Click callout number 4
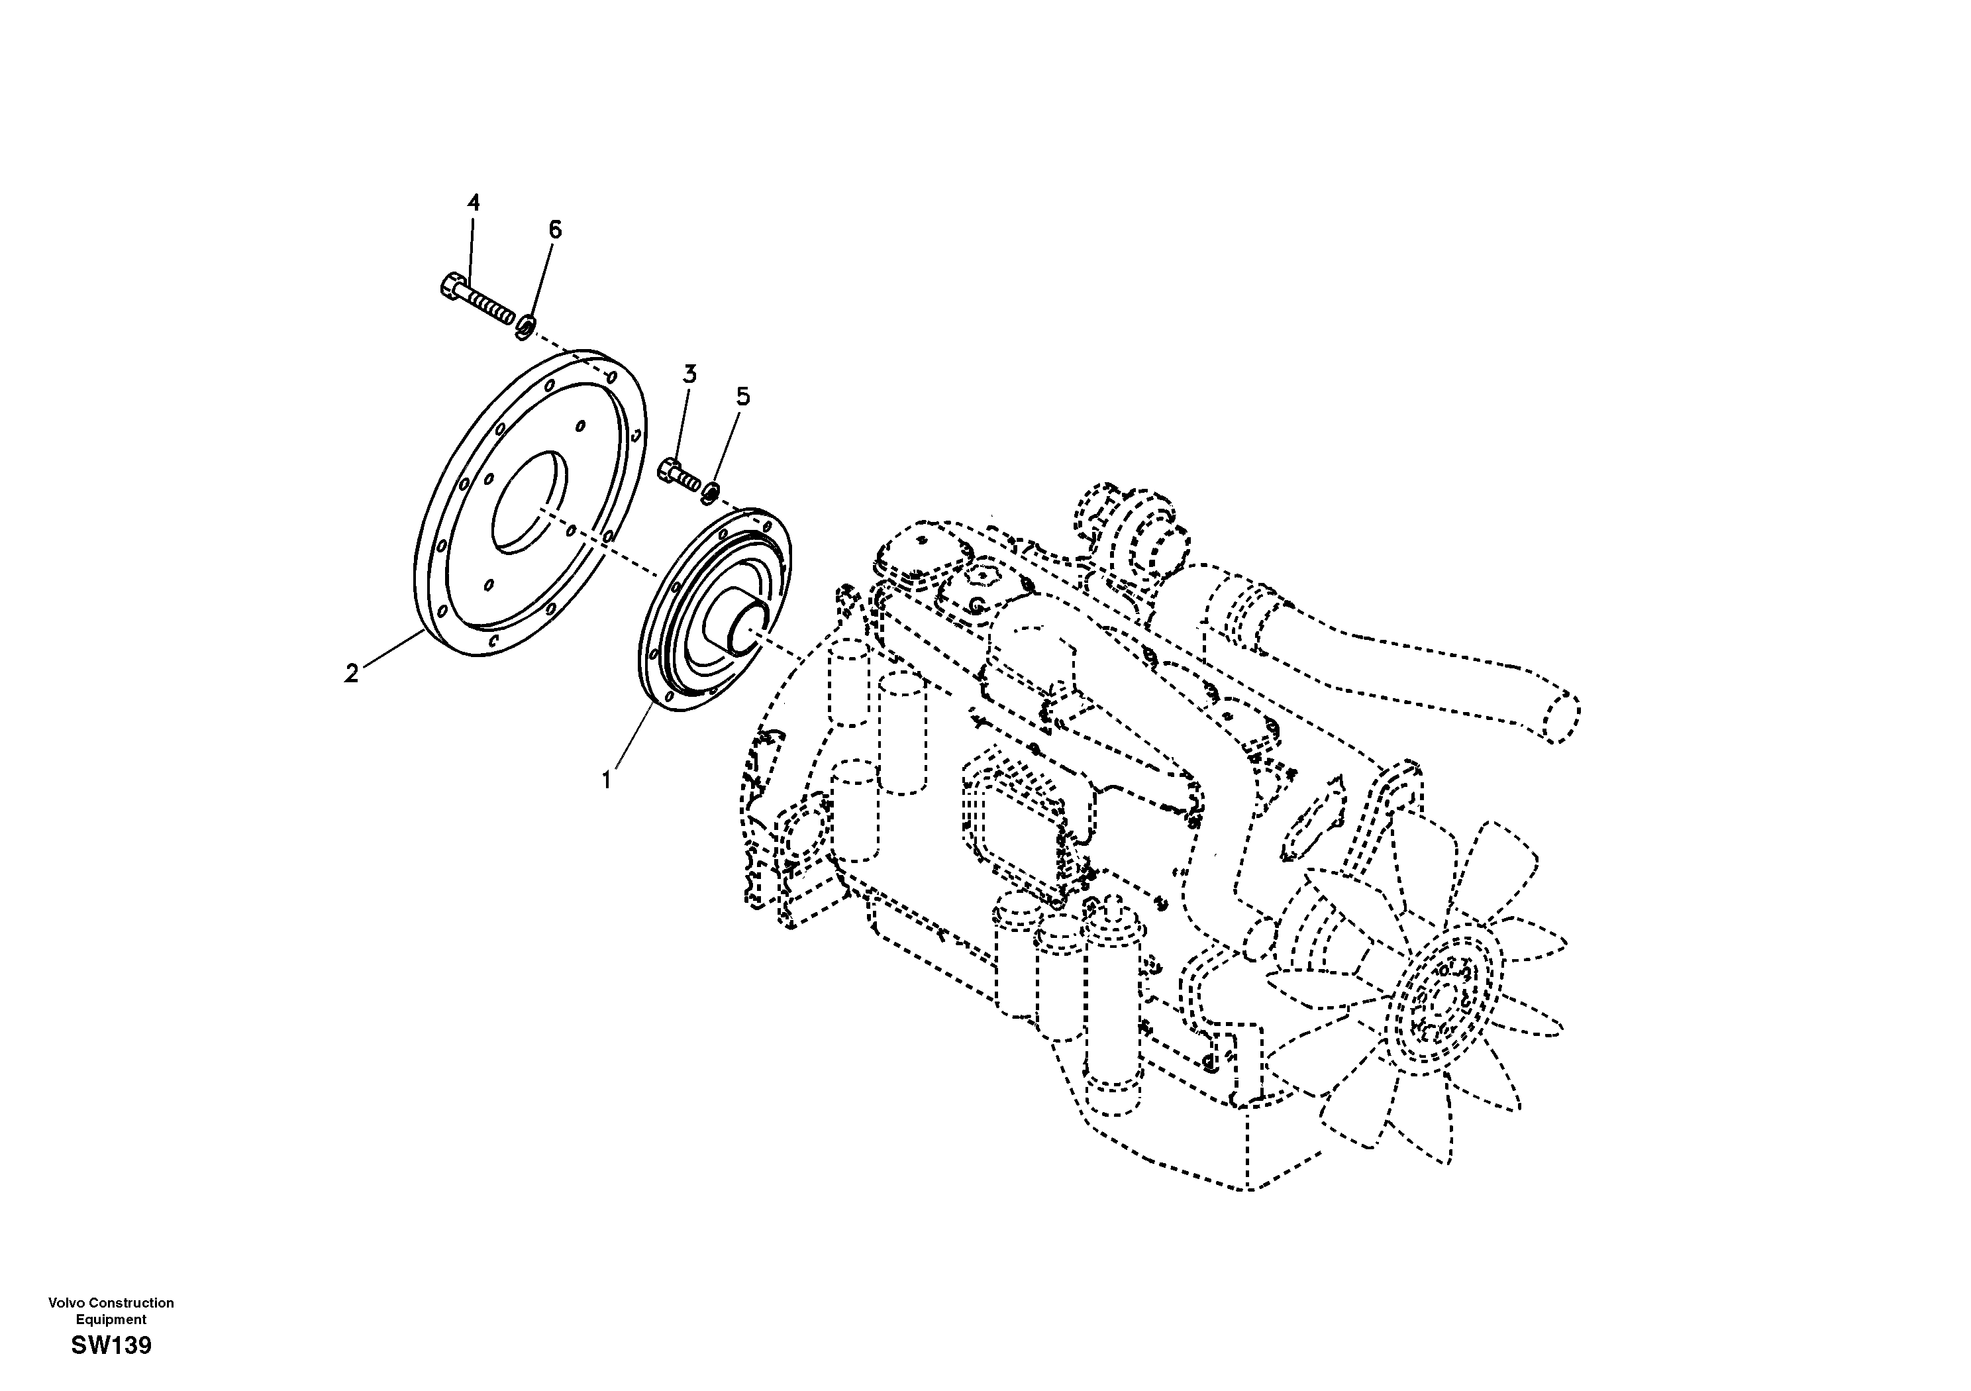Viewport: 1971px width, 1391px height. pyautogui.click(x=473, y=203)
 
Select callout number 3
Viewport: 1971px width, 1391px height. pyautogui.click(x=689, y=374)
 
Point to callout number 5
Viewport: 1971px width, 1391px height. pyautogui.click(x=742, y=396)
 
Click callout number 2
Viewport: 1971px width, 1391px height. pyautogui.click(x=351, y=674)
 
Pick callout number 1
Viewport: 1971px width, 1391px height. pyautogui.click(x=607, y=780)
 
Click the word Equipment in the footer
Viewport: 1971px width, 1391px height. pyautogui.click(x=111, y=1319)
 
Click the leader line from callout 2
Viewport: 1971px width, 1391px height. pyautogui.click(x=391, y=650)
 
